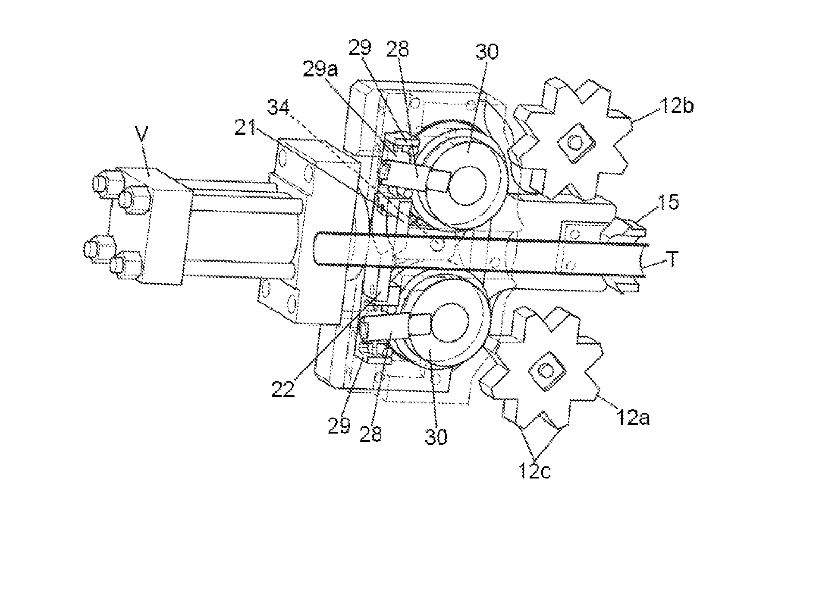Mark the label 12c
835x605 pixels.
pyautogui.click(x=534, y=472)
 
